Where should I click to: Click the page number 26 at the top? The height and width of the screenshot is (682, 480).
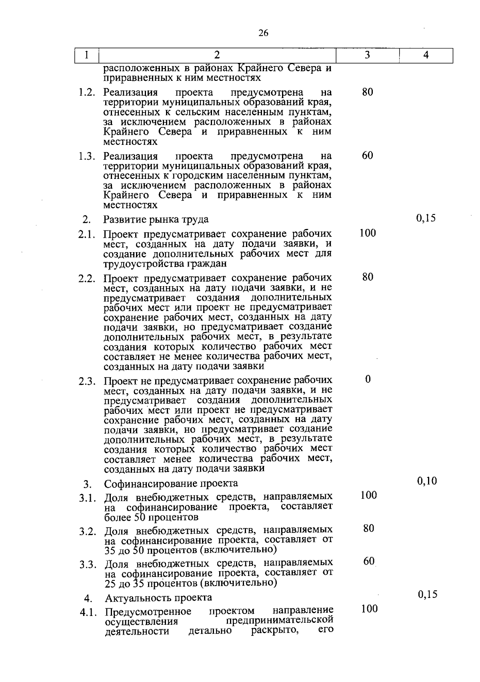[x=263, y=33]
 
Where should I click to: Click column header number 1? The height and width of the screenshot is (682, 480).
[x=87, y=55]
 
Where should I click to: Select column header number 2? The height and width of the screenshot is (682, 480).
[x=217, y=55]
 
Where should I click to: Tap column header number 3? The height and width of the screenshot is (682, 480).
[x=367, y=55]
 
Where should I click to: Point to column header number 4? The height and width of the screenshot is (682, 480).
[x=426, y=55]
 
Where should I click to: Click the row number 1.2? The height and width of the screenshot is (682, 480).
[x=87, y=92]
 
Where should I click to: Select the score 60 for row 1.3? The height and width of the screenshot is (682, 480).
[x=368, y=155]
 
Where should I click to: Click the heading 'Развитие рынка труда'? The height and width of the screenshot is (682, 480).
[x=156, y=219]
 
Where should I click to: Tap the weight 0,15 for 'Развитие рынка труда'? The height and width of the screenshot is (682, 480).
[x=426, y=218]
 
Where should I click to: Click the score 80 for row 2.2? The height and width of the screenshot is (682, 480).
[x=368, y=277]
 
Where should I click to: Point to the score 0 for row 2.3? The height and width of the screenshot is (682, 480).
[x=368, y=379]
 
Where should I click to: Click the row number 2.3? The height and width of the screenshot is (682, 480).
[x=87, y=381]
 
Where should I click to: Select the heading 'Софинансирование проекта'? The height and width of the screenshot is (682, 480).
[x=171, y=483]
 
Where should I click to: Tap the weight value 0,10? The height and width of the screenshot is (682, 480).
[x=427, y=481]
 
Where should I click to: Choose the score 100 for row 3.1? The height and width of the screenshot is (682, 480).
[x=368, y=495]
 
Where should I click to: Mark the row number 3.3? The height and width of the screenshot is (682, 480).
[x=88, y=565]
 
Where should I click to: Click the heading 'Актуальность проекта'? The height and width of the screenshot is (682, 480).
[x=158, y=598]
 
